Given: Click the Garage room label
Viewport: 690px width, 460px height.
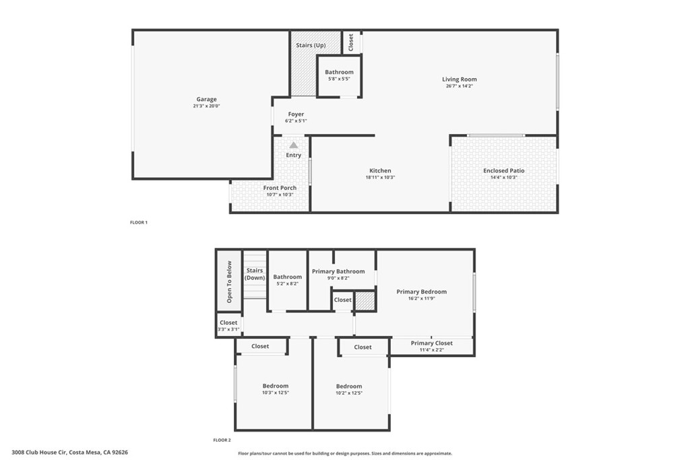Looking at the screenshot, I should point(207,99).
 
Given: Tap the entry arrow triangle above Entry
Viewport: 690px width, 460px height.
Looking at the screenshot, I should point(294,145).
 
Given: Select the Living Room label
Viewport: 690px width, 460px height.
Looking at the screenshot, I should point(460,79).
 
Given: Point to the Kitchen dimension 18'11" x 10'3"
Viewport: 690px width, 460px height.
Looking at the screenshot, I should point(380,178).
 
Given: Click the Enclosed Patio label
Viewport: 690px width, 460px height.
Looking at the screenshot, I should point(504,170).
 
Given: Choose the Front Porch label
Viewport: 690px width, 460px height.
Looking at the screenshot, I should point(280,188).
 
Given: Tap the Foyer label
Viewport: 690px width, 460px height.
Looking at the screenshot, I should point(296,114).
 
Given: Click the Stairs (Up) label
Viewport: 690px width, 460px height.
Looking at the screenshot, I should point(311,45).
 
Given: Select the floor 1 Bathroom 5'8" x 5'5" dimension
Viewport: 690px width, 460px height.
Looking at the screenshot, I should point(339,79).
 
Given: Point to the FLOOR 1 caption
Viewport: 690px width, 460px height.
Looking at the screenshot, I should point(138,222).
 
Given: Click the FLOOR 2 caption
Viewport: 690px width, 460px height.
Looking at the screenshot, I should point(222,440).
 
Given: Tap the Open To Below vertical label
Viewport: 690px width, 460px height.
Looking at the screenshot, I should point(229,282).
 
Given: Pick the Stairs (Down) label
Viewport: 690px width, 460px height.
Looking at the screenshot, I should point(255,273).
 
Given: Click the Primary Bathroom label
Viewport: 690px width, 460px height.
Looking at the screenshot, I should point(338,271).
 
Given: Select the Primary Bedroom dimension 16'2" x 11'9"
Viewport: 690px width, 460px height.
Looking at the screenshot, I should point(422,298).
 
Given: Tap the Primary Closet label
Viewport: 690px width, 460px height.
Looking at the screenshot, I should point(432,343).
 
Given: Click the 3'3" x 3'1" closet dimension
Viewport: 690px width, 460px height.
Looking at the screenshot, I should point(228,329).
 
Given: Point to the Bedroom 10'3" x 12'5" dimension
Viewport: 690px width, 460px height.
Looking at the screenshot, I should point(276,393).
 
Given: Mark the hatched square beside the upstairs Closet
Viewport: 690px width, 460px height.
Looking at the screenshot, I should point(365,301).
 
